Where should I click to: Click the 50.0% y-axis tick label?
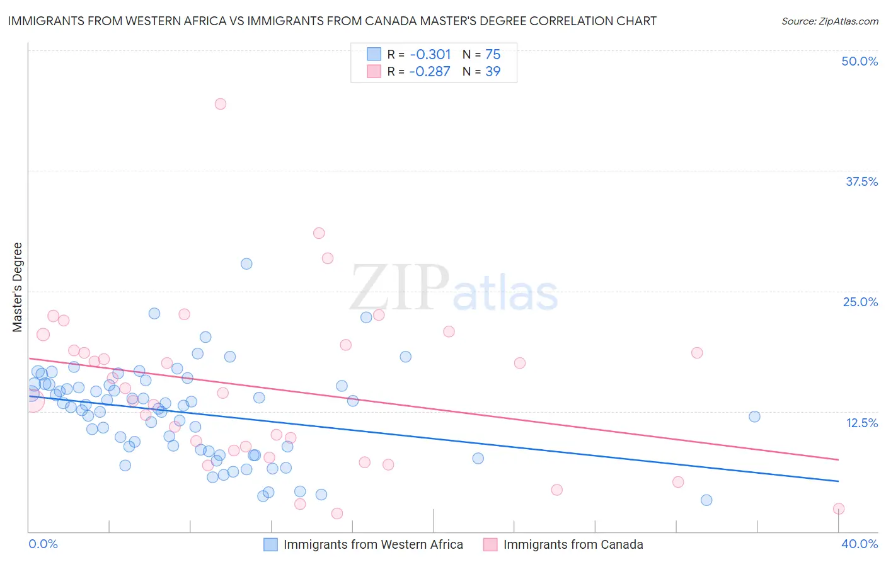(x=860, y=61)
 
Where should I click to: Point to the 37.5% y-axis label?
(x=861, y=181)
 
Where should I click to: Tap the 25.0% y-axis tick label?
(x=860, y=302)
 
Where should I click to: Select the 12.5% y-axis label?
(x=861, y=423)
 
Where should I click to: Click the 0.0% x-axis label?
(x=43, y=544)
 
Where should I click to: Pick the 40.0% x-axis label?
(x=860, y=544)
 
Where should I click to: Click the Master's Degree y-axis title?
(x=18, y=287)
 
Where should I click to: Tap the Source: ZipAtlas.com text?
(x=829, y=21)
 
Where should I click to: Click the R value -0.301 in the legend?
(x=430, y=54)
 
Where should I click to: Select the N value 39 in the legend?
(x=493, y=72)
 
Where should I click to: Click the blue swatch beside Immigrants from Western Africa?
(x=271, y=544)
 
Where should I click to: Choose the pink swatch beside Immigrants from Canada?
(x=490, y=544)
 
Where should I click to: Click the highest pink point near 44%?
(x=220, y=104)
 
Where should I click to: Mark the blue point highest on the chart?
(x=246, y=264)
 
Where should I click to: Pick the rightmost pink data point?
(x=838, y=508)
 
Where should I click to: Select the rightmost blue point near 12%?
(x=754, y=416)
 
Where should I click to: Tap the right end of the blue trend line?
(x=839, y=481)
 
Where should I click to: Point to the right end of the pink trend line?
(x=839, y=460)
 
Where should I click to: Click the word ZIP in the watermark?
(x=400, y=288)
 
